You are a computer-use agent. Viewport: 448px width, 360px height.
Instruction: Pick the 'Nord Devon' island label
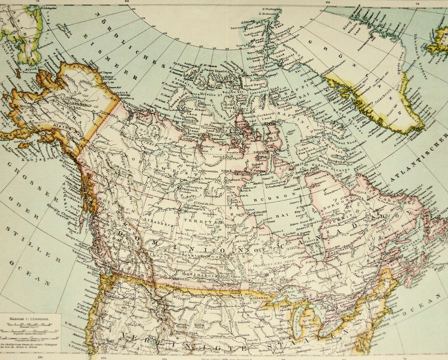[254, 85]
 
